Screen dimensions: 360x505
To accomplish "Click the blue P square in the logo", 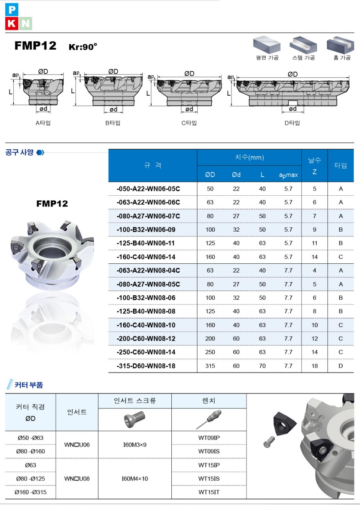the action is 12,10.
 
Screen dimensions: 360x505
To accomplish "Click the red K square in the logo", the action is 12,24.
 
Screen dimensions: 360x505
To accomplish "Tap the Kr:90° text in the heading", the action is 83,47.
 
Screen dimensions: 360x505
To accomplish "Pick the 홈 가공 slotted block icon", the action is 340,45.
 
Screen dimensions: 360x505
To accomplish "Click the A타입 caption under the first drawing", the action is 43,123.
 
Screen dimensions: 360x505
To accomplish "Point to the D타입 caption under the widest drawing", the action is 292,123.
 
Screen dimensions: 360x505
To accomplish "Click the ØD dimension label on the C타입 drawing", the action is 189,74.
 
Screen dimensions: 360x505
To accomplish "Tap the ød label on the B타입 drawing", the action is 113,109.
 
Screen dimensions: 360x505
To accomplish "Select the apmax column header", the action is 288,175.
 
